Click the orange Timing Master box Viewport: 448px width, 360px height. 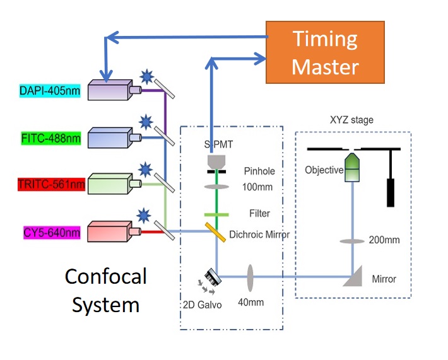(x=325, y=52)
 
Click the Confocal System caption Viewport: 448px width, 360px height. (x=105, y=291)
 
